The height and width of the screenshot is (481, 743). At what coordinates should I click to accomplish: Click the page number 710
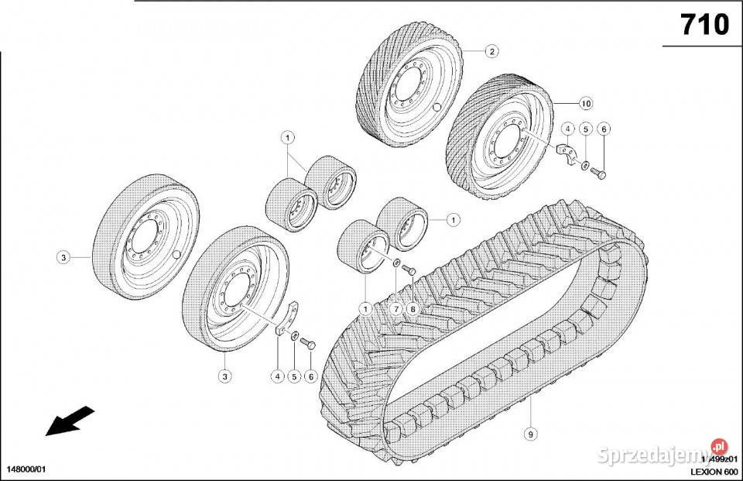pyautogui.click(x=704, y=25)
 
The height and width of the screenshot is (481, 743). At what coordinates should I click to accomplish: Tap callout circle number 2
pyautogui.click(x=491, y=52)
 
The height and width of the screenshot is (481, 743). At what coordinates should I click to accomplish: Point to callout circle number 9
pyautogui.click(x=530, y=434)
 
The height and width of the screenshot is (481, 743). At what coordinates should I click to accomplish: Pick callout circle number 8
pyautogui.click(x=413, y=309)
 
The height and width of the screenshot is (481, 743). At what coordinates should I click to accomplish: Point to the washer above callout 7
pyautogui.click(x=395, y=264)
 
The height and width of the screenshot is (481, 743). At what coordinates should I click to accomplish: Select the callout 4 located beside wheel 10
pyautogui.click(x=567, y=129)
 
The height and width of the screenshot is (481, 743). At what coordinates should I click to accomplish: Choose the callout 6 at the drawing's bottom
pyautogui.click(x=311, y=376)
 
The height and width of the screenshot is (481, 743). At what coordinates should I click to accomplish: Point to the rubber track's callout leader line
pyautogui.click(x=531, y=411)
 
